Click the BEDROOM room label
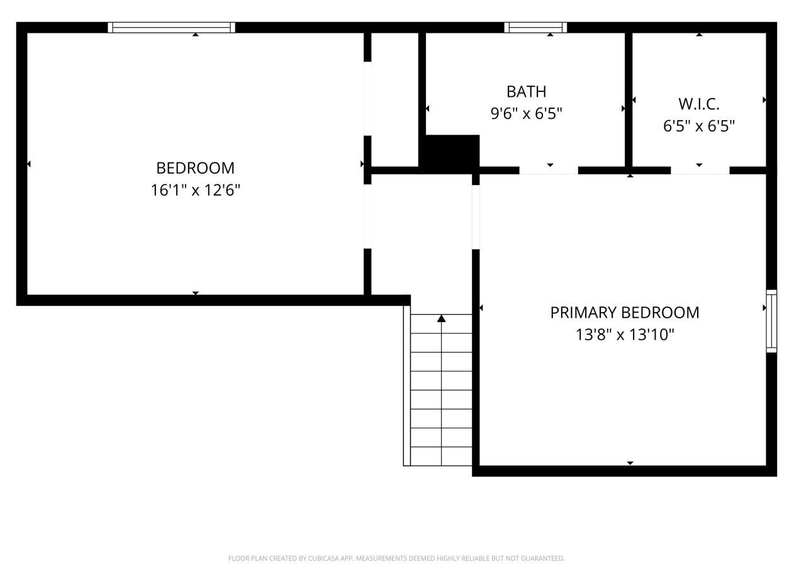click(x=195, y=168)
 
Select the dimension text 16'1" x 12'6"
click(x=195, y=190)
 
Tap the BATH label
click(x=526, y=92)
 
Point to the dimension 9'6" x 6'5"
click(x=526, y=114)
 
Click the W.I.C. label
click(x=698, y=104)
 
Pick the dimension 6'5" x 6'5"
click(x=698, y=126)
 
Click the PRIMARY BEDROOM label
click(x=624, y=313)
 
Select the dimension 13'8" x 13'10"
click(x=624, y=335)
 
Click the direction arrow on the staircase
click(x=441, y=319)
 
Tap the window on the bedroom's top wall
click(x=171, y=27)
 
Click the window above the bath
click(x=535, y=27)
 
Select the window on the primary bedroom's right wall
click(x=771, y=321)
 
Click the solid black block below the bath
click(x=450, y=153)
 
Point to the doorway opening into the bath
click(x=548, y=171)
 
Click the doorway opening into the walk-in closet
click(x=700, y=171)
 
